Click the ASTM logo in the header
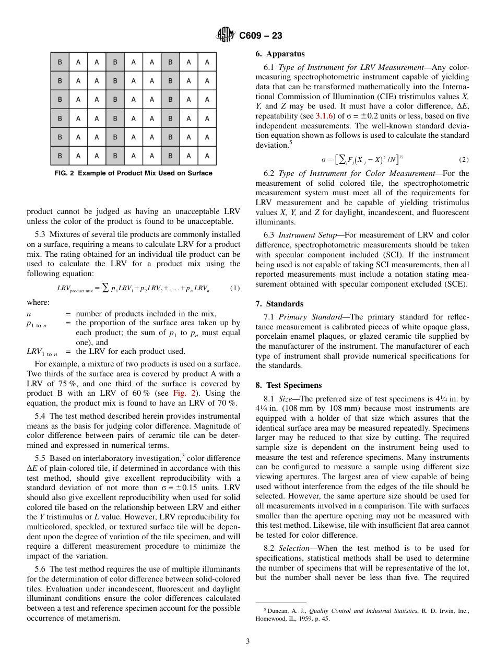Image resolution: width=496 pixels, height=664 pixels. tap(226, 35)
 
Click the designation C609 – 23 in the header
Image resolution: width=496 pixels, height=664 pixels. tap(261, 35)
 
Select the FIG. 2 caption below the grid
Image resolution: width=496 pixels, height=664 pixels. tap(133, 173)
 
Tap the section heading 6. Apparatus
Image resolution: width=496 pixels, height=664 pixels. tap(280, 54)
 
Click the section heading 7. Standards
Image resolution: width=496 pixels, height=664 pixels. tap(279, 304)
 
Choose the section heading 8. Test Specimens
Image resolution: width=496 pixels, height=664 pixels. tap(289, 385)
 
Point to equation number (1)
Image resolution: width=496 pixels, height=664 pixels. tap(234, 288)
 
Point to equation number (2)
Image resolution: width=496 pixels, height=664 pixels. tap(464, 159)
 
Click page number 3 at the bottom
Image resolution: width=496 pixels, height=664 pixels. tap(248, 641)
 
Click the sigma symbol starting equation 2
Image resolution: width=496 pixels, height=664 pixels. tap(323, 159)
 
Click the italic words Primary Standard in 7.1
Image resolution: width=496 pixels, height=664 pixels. tap(304, 317)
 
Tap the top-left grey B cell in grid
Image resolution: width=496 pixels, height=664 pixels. tap(60, 62)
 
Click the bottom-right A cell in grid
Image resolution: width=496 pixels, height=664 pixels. tap(207, 156)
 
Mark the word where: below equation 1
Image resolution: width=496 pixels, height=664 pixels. tap(38, 302)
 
